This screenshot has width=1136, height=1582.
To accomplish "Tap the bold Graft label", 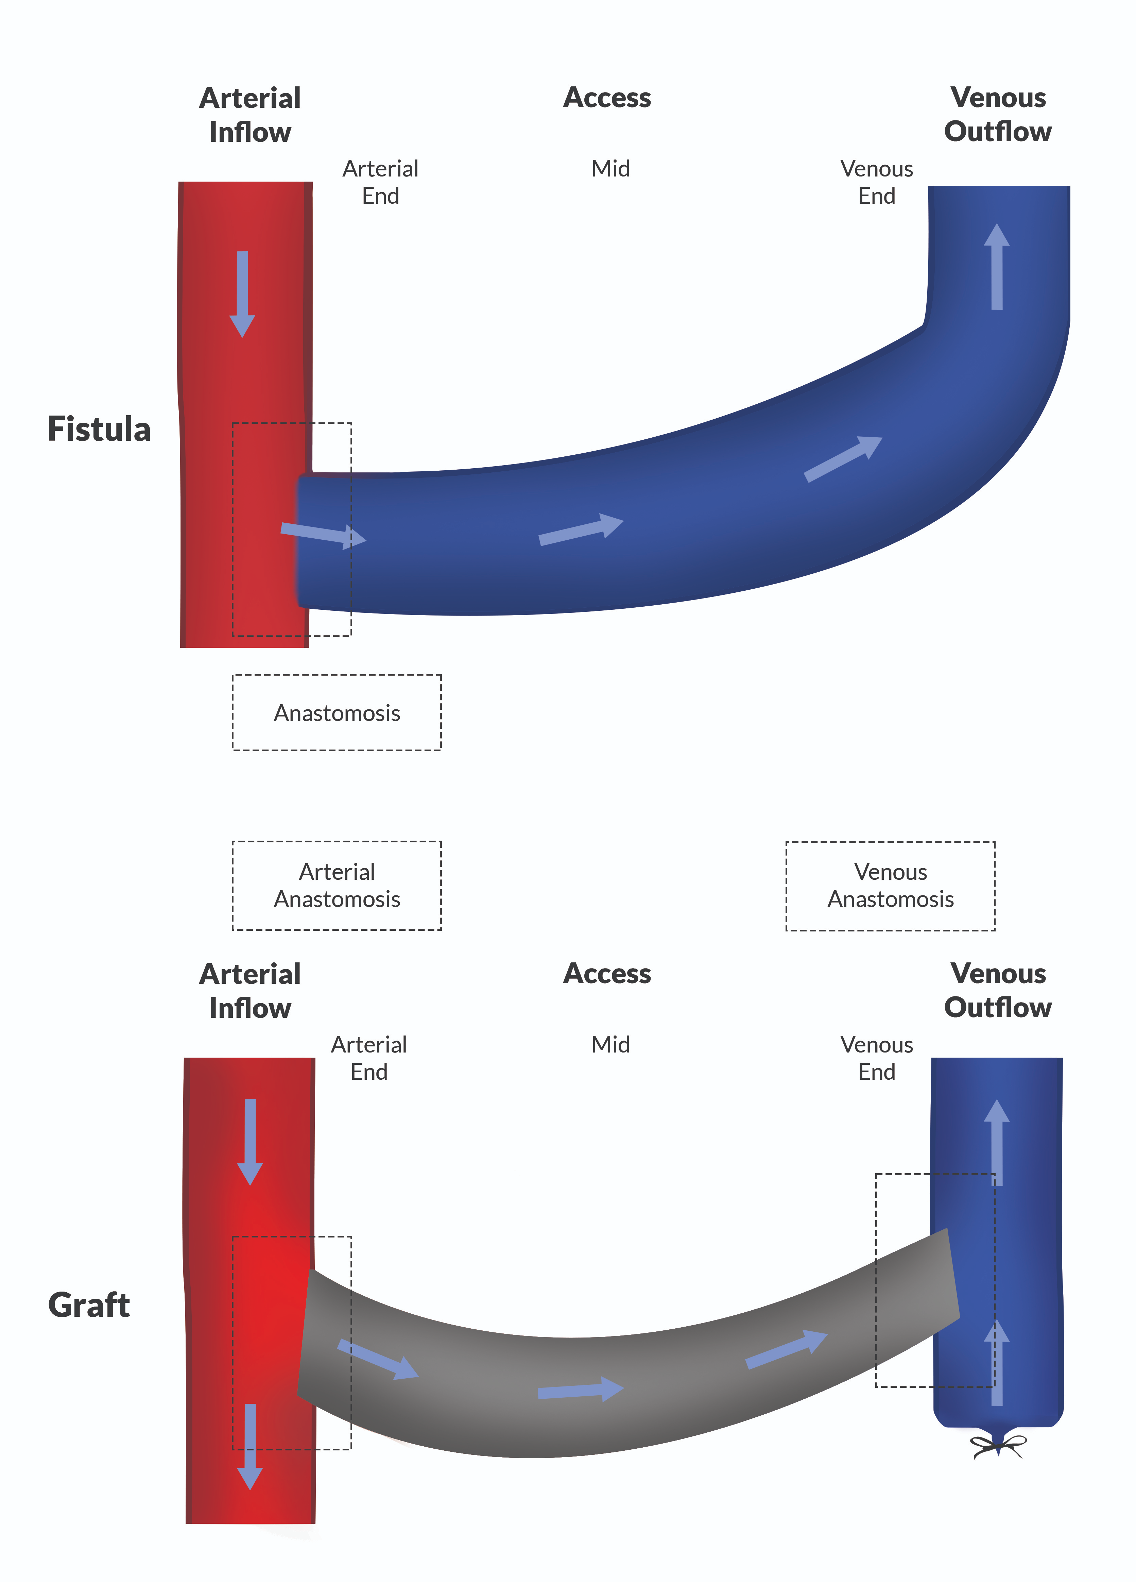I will (89, 1305).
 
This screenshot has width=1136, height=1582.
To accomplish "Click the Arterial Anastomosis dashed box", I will (337, 885).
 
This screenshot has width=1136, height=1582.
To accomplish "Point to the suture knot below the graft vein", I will (999, 1447).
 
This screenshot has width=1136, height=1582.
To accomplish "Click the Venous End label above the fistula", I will (877, 182).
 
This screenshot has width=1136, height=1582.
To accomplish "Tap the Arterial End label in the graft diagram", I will (369, 1058).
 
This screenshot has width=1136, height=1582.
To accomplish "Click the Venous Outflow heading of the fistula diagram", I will (998, 114).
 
